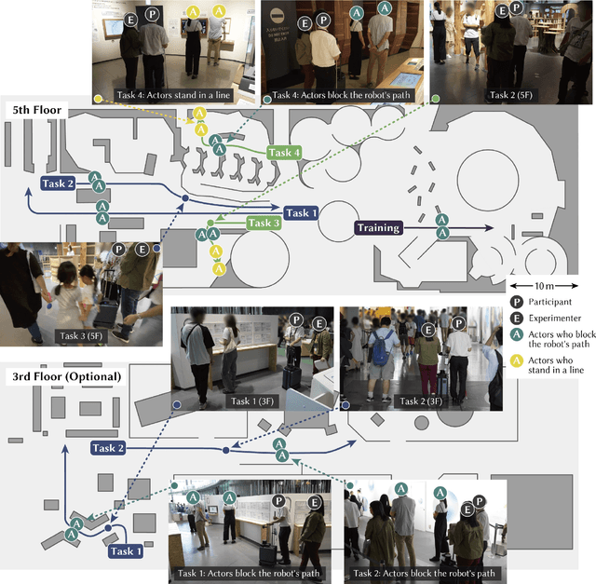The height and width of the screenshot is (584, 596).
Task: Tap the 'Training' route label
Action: pyautogui.click(x=378, y=227)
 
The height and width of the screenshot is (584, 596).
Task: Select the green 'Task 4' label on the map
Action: pyautogui.click(x=284, y=153)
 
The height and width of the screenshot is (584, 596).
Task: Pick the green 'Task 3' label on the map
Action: pyautogui.click(x=264, y=223)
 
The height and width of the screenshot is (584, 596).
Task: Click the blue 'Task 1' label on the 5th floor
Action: pyautogui.click(x=302, y=212)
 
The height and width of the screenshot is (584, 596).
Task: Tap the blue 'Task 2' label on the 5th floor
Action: pyautogui.click(x=58, y=183)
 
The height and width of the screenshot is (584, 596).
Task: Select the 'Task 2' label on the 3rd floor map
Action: pyautogui.click(x=108, y=448)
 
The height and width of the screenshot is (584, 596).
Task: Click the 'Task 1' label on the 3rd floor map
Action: pyautogui.click(x=126, y=551)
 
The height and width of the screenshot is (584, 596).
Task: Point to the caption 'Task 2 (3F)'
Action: pyautogui.click(x=422, y=401)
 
